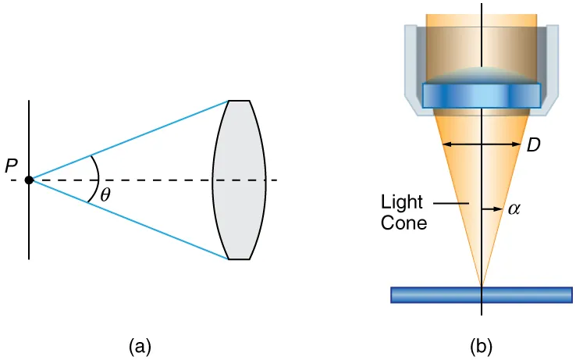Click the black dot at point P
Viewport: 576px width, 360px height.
pyautogui.click(x=29, y=180)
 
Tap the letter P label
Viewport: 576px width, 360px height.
pyautogui.click(x=10, y=166)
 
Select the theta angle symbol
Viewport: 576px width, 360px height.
pyautogui.click(x=105, y=195)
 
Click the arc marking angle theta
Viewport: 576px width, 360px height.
pyautogui.click(x=95, y=180)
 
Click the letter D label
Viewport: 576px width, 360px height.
pyautogui.click(x=534, y=145)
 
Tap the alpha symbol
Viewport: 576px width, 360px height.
pyautogui.click(x=514, y=209)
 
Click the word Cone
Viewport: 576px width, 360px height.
pyautogui.click(x=404, y=223)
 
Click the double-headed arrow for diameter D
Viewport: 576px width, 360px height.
pyautogui.click(x=468, y=144)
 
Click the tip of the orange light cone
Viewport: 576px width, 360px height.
pyautogui.click(x=482, y=285)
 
